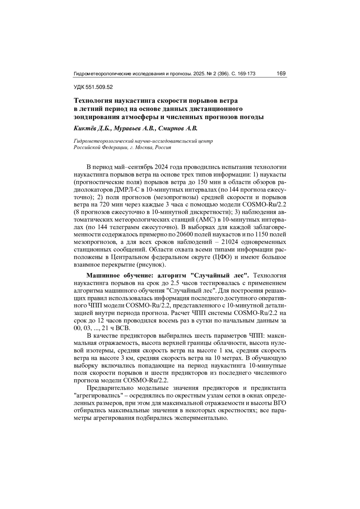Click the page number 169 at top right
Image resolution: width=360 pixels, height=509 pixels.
[281, 73]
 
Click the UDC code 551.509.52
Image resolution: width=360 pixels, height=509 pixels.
[99, 87]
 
